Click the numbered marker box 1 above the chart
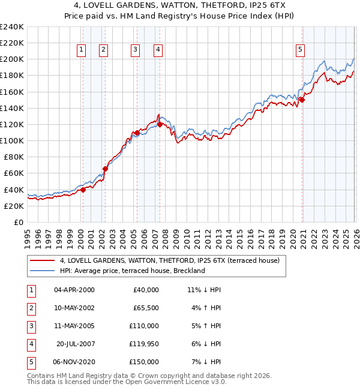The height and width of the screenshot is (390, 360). pyautogui.click(x=81, y=50)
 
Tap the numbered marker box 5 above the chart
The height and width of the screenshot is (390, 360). pyautogui.click(x=299, y=50)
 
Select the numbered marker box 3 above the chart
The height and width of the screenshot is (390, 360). pyautogui.click(x=136, y=50)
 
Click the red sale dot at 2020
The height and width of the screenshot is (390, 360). pyautogui.click(x=302, y=100)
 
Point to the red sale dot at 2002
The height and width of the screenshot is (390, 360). pyautogui.click(x=105, y=169)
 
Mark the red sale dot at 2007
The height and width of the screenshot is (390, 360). pyautogui.click(x=160, y=124)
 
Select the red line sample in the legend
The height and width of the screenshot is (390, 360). pyautogui.click(x=43, y=261)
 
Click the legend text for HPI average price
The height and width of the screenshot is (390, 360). pyautogui.click(x=133, y=271)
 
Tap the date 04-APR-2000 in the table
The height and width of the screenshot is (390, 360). pyautogui.click(x=74, y=290)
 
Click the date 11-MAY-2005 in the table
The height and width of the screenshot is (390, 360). pyautogui.click(x=74, y=326)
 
